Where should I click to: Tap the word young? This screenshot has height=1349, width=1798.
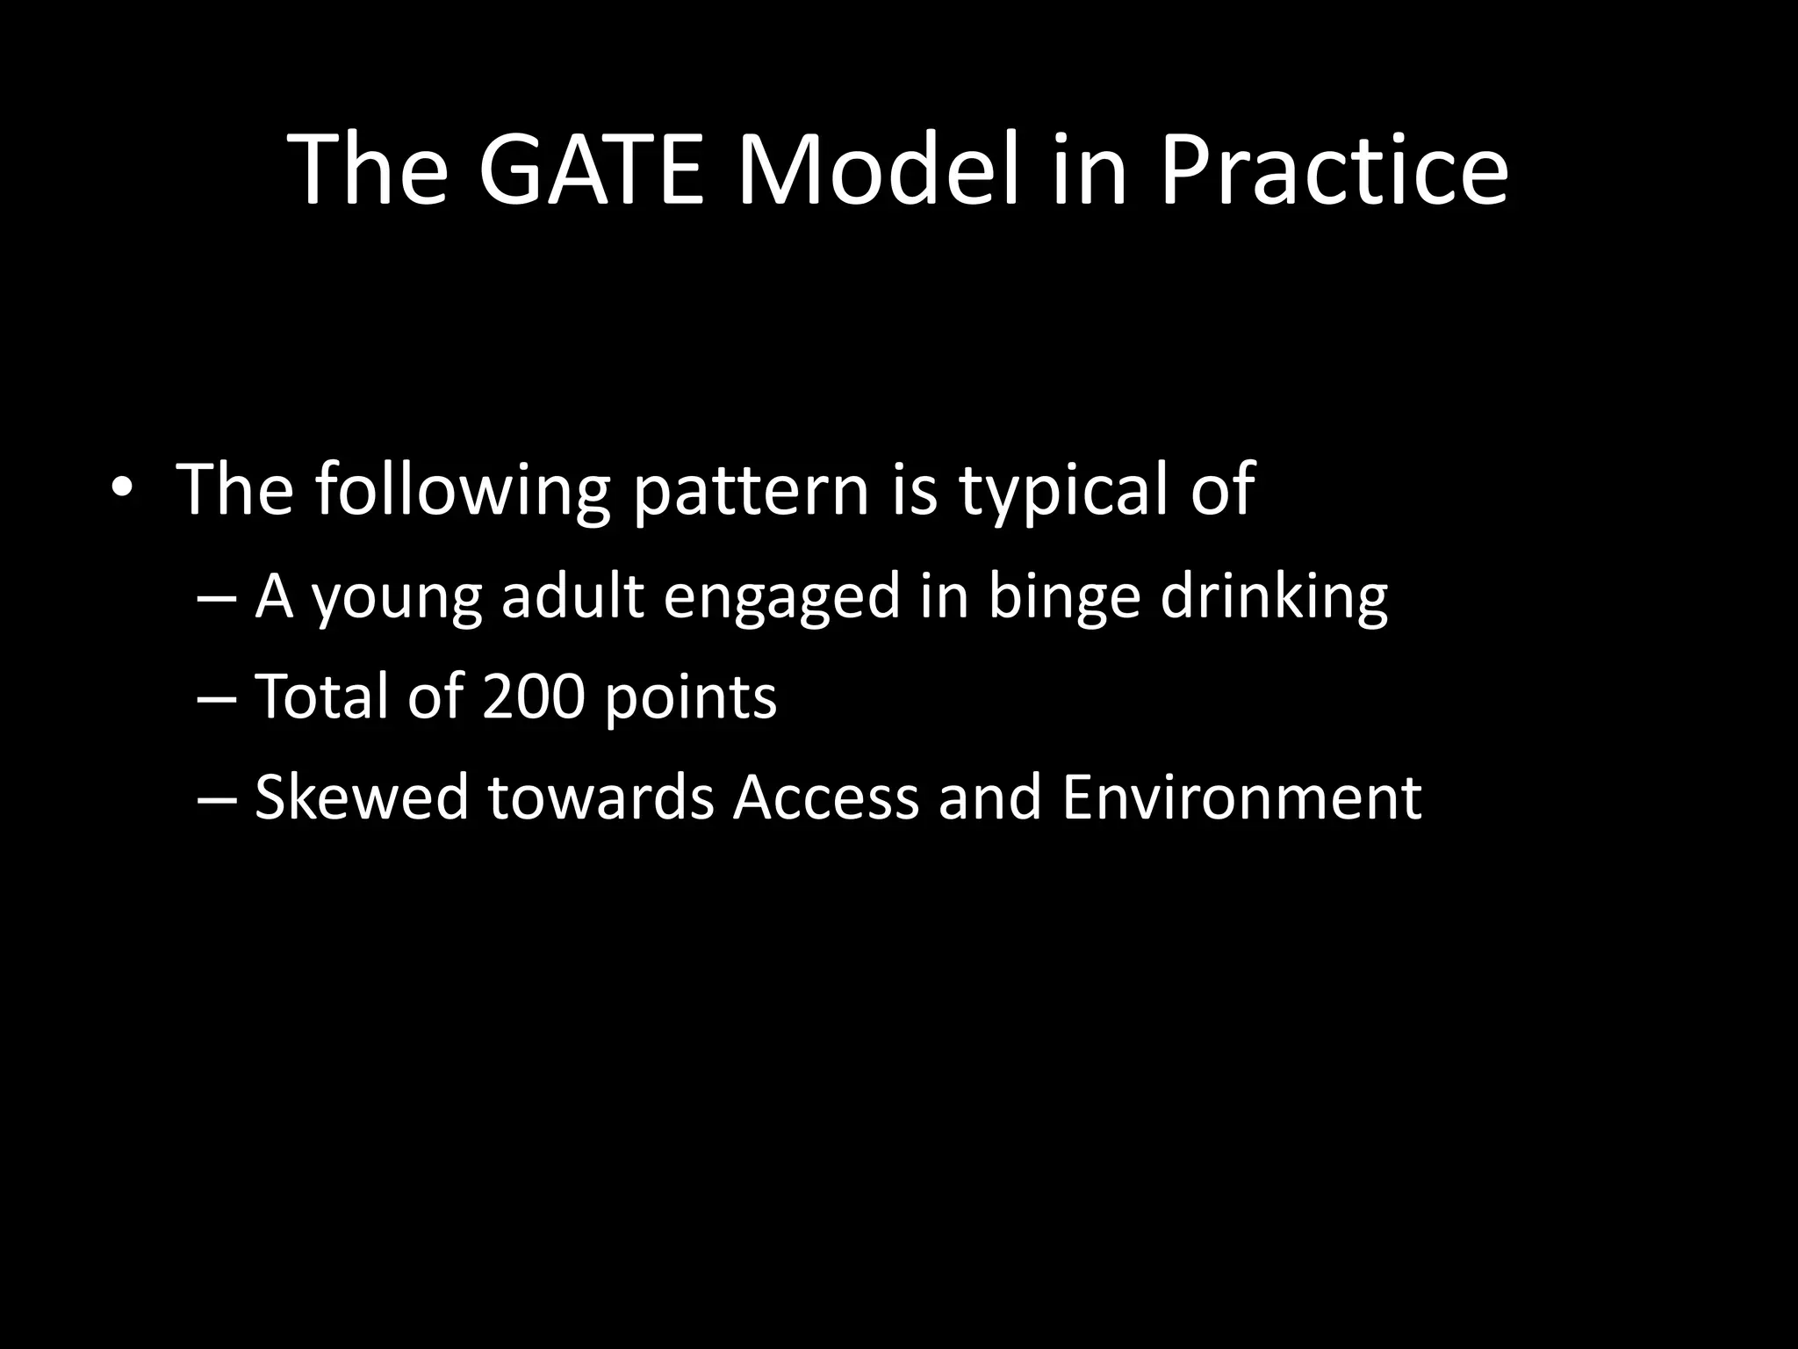[x=397, y=598]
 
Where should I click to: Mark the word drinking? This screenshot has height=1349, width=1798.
[x=1274, y=598]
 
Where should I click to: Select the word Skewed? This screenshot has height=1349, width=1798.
[x=361, y=797]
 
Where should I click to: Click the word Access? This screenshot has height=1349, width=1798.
[x=826, y=797]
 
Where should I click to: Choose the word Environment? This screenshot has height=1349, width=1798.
[x=1241, y=797]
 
